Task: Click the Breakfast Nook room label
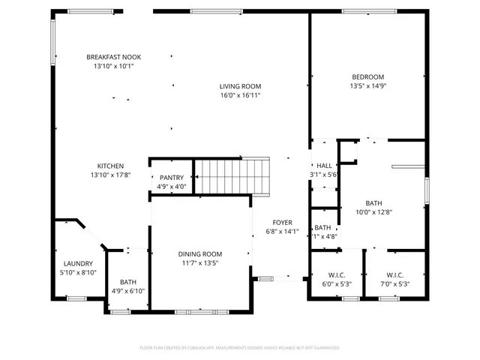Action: [x=113, y=57]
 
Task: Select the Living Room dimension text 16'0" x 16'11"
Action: [x=240, y=96]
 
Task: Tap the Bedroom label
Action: [x=367, y=76]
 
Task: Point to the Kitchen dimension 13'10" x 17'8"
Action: [x=110, y=175]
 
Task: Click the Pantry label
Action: [x=171, y=178]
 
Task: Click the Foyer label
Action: [x=282, y=222]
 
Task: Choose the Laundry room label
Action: [x=78, y=263]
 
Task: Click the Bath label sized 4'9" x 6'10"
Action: [x=128, y=291]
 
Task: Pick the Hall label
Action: [x=324, y=166]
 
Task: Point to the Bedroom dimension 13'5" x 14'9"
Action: [x=367, y=85]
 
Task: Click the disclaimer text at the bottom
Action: [x=240, y=347]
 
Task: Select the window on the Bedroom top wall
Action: [x=364, y=11]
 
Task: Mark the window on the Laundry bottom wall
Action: [x=77, y=298]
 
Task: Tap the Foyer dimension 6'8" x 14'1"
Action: [x=282, y=231]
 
